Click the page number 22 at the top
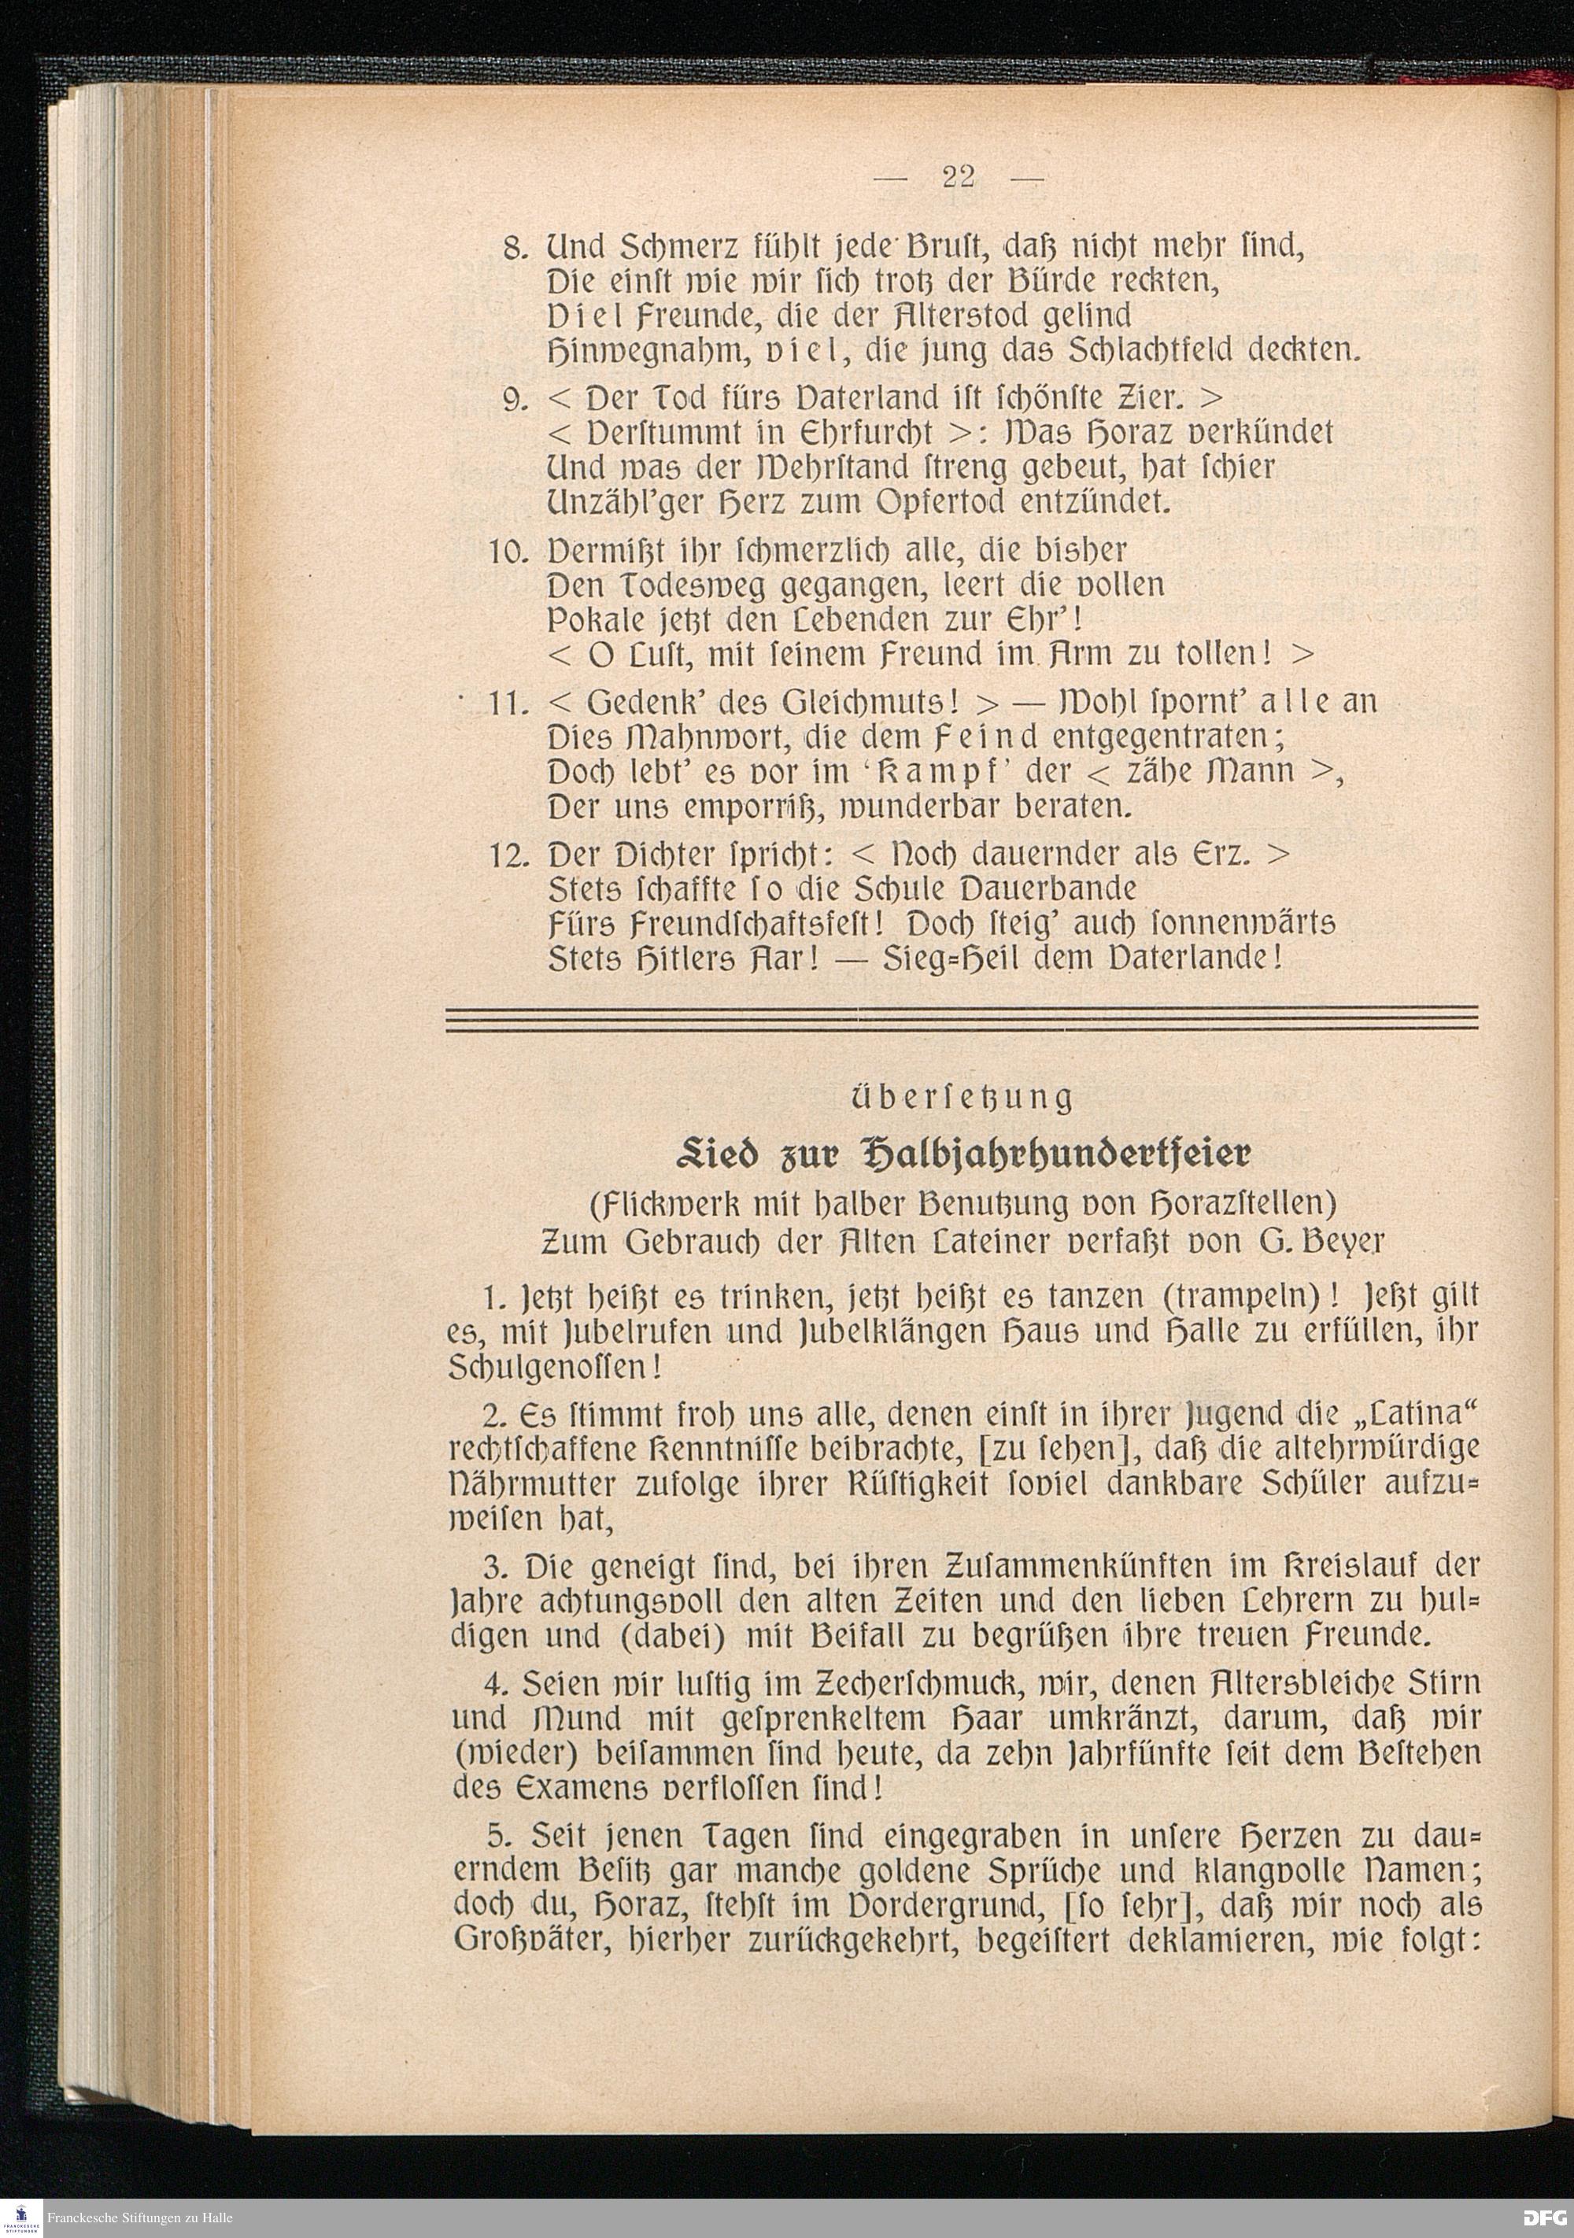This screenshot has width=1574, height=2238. (x=959, y=177)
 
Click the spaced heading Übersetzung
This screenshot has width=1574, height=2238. (x=960, y=1099)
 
